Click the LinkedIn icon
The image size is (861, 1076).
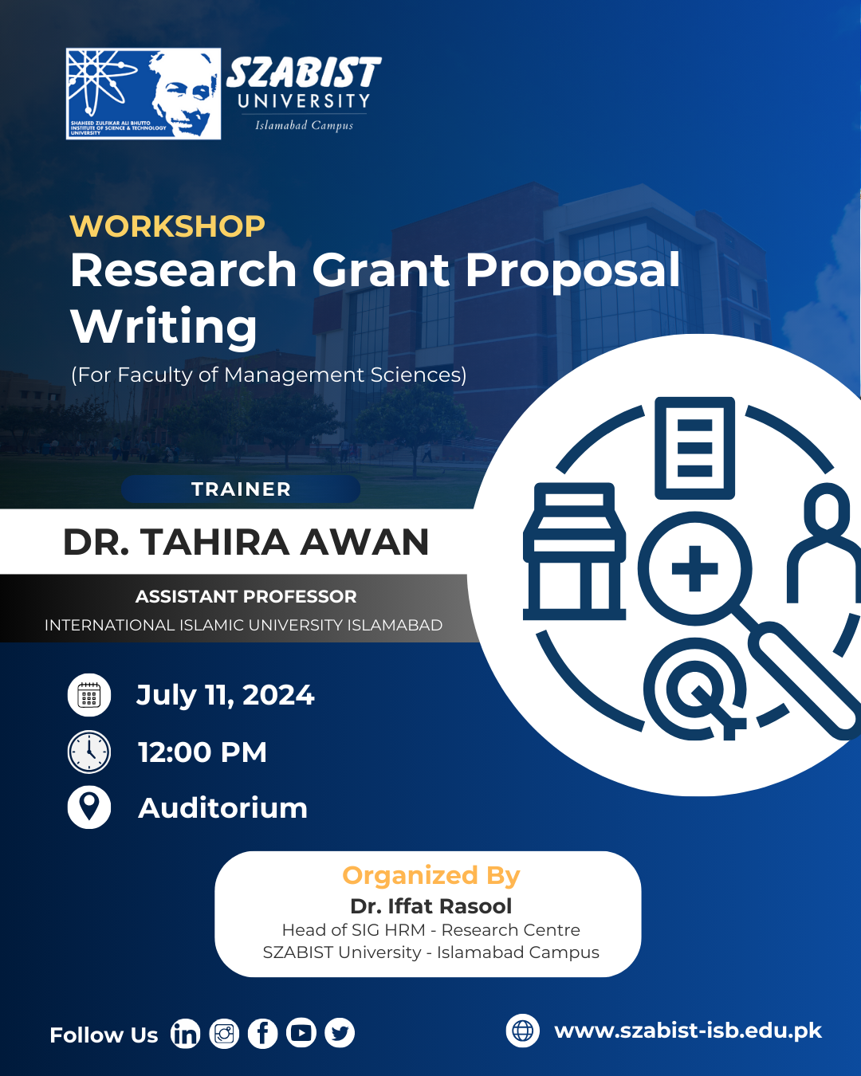[x=185, y=1034]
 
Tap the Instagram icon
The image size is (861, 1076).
[x=224, y=1034]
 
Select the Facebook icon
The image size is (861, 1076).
[x=262, y=1034]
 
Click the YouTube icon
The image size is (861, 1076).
[x=301, y=1034]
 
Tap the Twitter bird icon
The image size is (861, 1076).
[x=340, y=1034]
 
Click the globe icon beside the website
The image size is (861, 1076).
[x=523, y=1031]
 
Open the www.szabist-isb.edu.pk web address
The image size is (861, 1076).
[x=688, y=1031]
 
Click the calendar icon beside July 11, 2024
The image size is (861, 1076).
[x=89, y=695]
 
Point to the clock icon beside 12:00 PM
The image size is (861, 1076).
[x=89, y=752]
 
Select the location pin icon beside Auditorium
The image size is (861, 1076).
[x=89, y=807]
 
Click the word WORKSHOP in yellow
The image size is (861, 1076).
[x=167, y=226]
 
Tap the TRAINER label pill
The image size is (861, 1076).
[x=241, y=489]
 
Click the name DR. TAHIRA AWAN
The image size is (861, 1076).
[x=246, y=542]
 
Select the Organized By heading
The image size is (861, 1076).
[x=431, y=875]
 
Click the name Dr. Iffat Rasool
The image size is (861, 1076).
[x=431, y=906]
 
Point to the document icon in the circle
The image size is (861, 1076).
[x=694, y=448]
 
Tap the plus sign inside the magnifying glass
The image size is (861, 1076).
[x=695, y=569]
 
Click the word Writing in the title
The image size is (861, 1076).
[x=164, y=326]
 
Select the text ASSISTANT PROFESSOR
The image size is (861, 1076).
[x=246, y=596]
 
